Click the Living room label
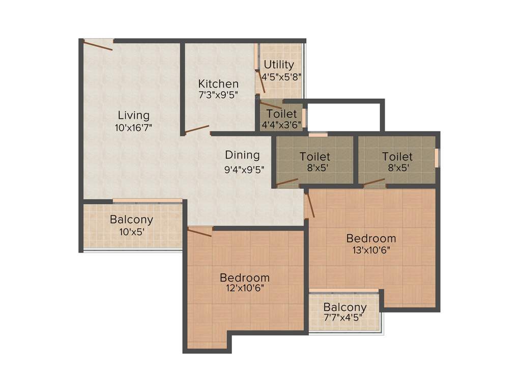(134, 115)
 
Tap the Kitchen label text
(218, 84)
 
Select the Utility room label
(279, 65)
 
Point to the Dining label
(242, 155)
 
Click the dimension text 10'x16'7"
(134, 128)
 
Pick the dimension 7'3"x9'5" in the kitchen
(218, 95)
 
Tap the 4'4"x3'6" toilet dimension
(281, 124)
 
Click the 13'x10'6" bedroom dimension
(371, 250)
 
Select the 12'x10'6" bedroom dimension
(245, 289)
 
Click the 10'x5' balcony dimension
(131, 232)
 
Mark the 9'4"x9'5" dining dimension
(244, 170)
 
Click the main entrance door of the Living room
(98, 45)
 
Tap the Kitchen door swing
(197, 129)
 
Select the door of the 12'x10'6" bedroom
(199, 233)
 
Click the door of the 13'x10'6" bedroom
(310, 203)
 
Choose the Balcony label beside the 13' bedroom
(345, 308)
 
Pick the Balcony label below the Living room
(131, 220)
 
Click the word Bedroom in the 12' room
(245, 277)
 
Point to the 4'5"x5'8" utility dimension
(282, 77)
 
